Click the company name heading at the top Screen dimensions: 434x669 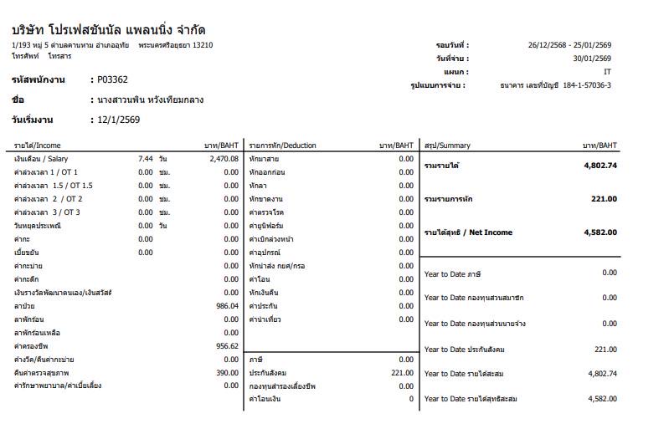[x=108, y=30]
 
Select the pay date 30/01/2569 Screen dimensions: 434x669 [x=591, y=59]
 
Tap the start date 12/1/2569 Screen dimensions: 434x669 [x=118, y=120]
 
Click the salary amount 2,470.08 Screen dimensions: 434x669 [x=222, y=158]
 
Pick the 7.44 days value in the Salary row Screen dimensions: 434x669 [x=145, y=158]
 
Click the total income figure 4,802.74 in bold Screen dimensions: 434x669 [x=600, y=165]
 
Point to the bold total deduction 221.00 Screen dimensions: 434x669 [x=603, y=199]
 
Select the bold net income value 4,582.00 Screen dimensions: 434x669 [x=600, y=232]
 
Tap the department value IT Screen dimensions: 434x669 [x=606, y=72]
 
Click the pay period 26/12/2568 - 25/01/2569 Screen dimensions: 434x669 [x=569, y=45]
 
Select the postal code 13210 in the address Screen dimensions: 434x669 [x=203, y=45]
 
